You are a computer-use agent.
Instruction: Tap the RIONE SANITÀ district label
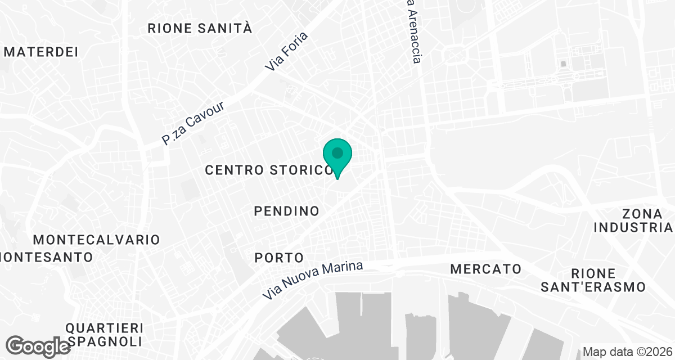tap(200, 29)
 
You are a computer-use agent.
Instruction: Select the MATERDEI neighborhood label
tap(40, 52)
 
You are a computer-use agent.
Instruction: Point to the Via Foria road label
tap(287, 52)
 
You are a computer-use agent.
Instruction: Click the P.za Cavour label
tap(192, 124)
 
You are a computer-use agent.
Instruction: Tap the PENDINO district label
tap(287, 211)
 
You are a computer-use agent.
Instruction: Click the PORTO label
tap(279, 258)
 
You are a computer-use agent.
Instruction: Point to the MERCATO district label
tap(486, 269)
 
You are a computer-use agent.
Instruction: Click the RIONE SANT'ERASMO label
tap(593, 280)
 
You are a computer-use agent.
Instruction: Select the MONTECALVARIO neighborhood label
tap(97, 240)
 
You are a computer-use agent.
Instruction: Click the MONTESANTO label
tap(47, 257)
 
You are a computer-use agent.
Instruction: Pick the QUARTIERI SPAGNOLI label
tap(104, 335)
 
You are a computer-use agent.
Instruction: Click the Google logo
tap(39, 345)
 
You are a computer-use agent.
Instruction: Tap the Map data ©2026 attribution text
tap(627, 352)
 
